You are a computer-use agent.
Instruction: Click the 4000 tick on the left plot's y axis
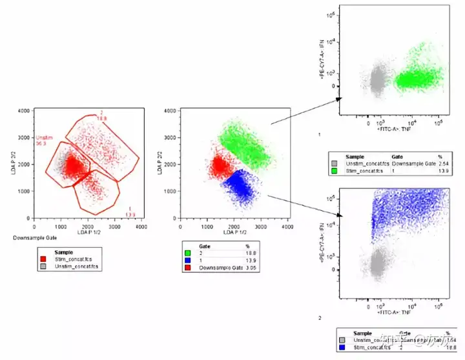click(x=25, y=112)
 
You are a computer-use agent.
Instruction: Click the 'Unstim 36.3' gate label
click(x=44, y=141)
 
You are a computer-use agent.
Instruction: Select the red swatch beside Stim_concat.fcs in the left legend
click(x=43, y=259)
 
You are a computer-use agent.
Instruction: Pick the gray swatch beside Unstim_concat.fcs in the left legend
click(x=43, y=265)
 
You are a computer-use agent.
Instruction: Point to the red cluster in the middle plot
click(x=220, y=166)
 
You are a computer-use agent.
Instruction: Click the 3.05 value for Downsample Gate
click(x=248, y=267)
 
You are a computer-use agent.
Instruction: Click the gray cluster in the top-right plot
click(x=377, y=81)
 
